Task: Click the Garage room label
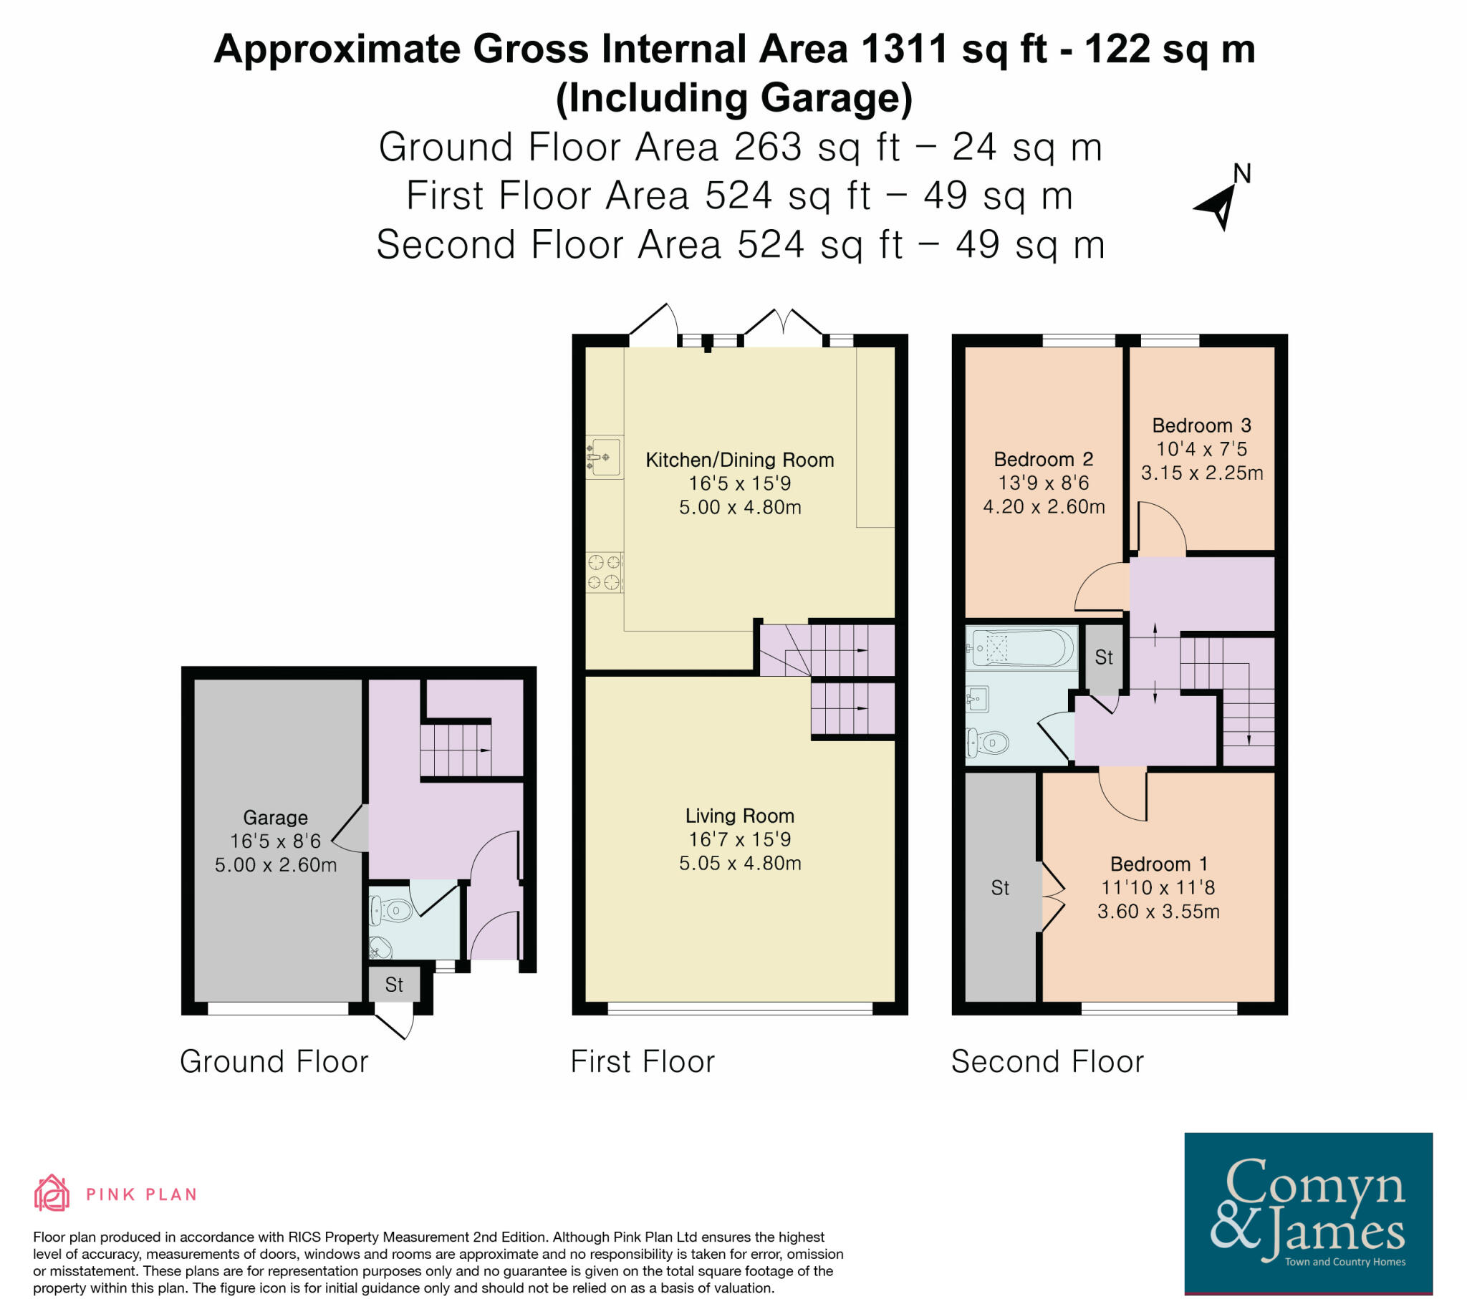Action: [x=275, y=818]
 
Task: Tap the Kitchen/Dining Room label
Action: [x=739, y=460]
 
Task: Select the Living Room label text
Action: [x=739, y=816]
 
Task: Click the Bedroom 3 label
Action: [x=1201, y=425]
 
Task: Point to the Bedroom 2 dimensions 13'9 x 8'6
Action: [x=1044, y=483]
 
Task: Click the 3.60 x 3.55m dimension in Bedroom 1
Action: [x=1158, y=912]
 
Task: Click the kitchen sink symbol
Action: [x=604, y=456]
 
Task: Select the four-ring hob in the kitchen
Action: [x=604, y=572]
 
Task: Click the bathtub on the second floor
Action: [x=1021, y=649]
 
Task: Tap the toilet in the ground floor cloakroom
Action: [x=390, y=912]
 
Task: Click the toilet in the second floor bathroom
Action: [x=988, y=743]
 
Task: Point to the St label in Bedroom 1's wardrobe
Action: [x=1000, y=889]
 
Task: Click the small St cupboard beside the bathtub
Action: [x=1103, y=657]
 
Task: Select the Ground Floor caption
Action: [x=274, y=1061]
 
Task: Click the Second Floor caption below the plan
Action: [x=1047, y=1061]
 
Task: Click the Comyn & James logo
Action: [x=1308, y=1212]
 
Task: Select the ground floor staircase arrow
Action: [x=482, y=750]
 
